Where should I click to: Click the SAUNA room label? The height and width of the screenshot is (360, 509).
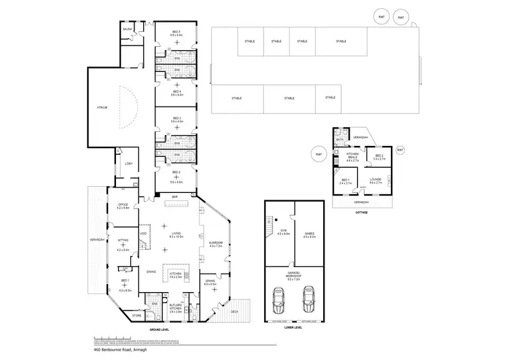point(127,30)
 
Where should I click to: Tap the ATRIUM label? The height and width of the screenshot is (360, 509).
point(102,107)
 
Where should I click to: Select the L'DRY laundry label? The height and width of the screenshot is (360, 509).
point(128,164)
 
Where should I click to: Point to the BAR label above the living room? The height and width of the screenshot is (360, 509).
point(174,197)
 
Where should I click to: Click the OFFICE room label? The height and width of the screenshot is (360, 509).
point(123,205)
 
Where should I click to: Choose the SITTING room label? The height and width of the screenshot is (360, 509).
point(123,240)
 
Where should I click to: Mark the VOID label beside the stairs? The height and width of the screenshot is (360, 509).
point(143,234)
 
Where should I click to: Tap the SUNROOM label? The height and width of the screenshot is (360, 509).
point(216,242)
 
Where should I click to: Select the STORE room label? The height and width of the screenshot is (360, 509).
point(136,315)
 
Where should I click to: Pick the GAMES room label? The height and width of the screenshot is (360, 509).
point(309,232)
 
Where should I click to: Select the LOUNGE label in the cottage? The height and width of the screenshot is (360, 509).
point(375,180)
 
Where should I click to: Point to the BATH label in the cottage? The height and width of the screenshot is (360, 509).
point(339,140)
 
